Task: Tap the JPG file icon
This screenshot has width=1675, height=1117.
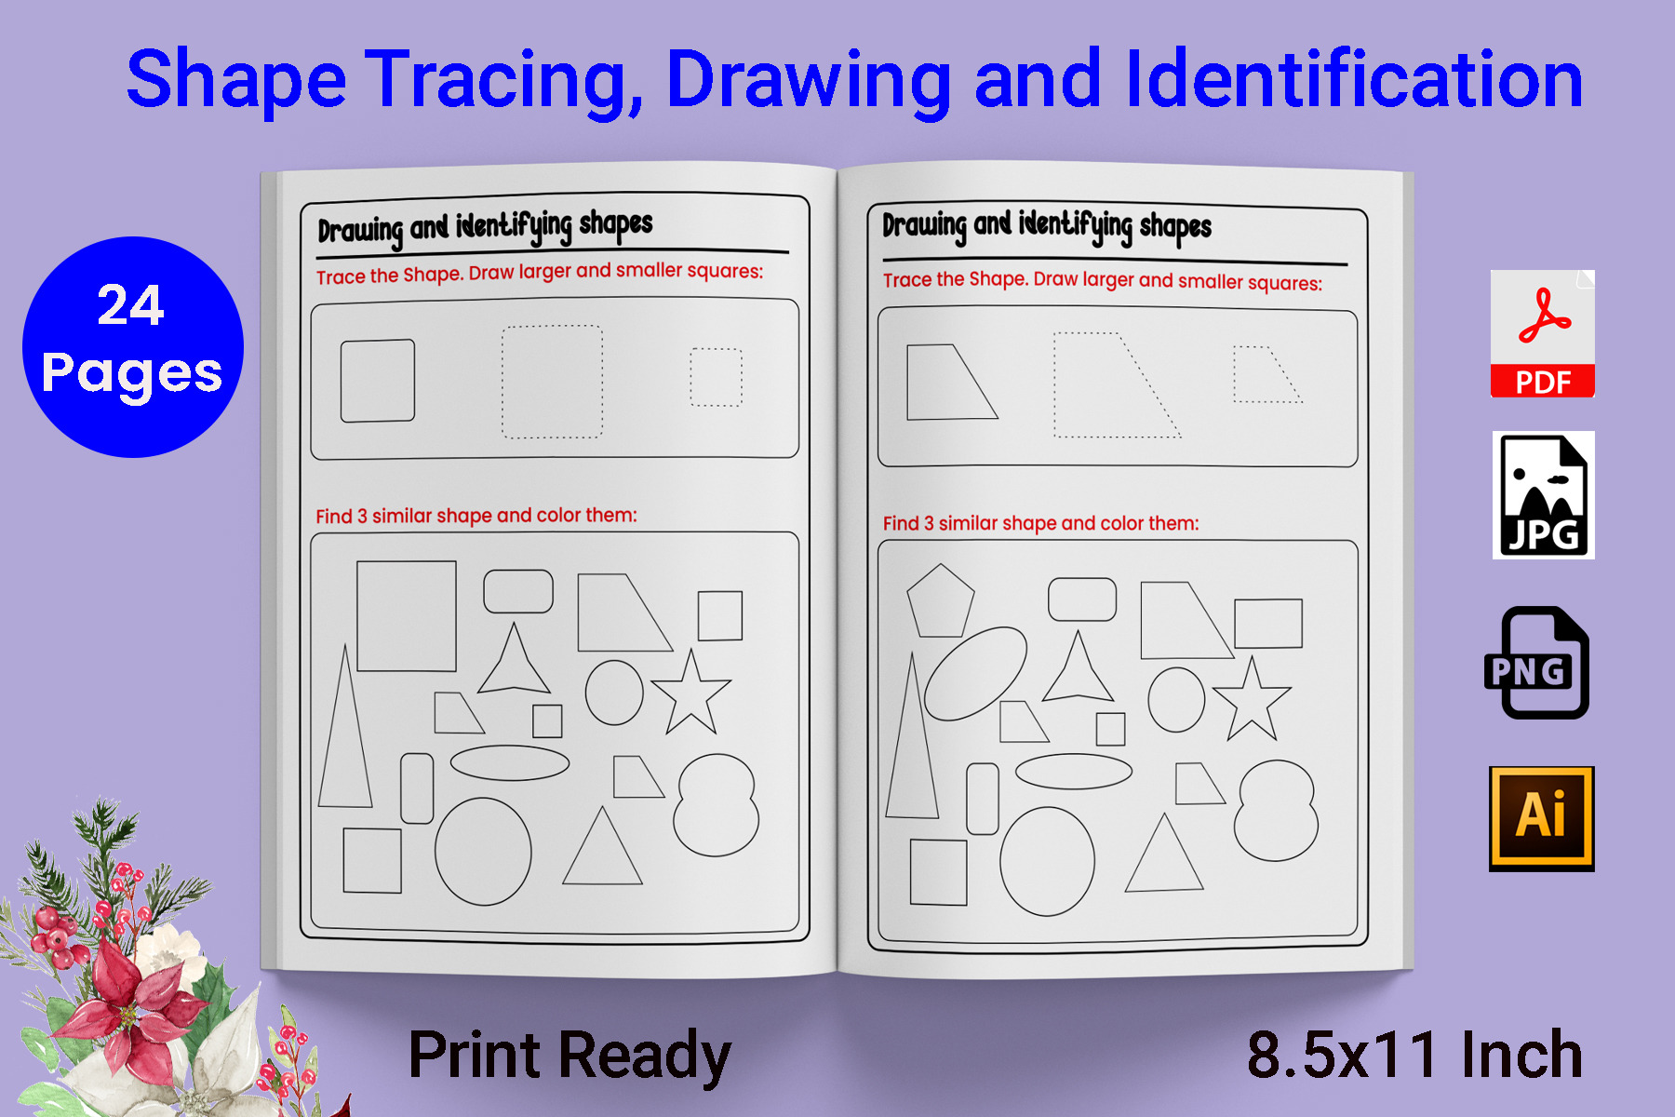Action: (x=1543, y=495)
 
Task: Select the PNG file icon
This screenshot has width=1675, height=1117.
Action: (x=1536, y=663)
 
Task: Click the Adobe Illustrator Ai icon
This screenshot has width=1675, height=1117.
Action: (x=1541, y=818)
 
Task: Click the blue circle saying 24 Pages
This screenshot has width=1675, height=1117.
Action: (x=133, y=347)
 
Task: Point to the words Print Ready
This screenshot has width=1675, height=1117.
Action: (x=569, y=1056)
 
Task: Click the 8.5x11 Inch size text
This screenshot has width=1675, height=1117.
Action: (x=1414, y=1056)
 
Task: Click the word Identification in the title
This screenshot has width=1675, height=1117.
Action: (x=1353, y=80)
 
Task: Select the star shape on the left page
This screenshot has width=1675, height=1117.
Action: (x=690, y=693)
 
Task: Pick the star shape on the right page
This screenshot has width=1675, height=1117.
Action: (x=1252, y=700)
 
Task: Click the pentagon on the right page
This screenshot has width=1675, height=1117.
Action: (x=940, y=602)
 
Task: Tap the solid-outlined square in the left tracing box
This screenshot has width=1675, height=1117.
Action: (x=377, y=381)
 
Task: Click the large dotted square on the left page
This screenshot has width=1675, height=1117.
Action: (x=552, y=382)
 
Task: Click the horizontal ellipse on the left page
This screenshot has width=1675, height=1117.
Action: (x=509, y=762)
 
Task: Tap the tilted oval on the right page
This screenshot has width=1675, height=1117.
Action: (x=975, y=673)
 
